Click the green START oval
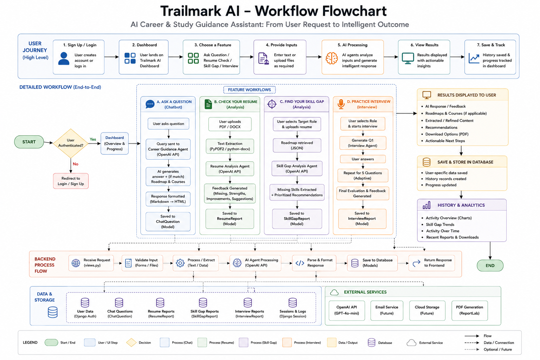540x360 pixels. [x=29, y=142]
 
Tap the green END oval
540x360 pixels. [x=490, y=265]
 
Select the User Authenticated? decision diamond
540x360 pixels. [x=71, y=143]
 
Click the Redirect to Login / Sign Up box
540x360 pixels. [x=71, y=181]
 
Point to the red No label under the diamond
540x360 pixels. [x=76, y=164]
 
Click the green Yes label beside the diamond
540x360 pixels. [x=93, y=139]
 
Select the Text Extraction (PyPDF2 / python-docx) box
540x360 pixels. [x=230, y=146]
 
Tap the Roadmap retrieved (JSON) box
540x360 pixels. [x=297, y=146]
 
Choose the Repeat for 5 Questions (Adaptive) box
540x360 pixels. [x=362, y=175]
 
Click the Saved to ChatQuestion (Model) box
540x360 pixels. [x=168, y=221]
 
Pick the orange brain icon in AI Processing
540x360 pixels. [x=332, y=58]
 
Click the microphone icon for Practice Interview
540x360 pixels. [x=341, y=104]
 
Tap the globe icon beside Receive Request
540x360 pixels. [x=76, y=263]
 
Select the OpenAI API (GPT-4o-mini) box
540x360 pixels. [x=347, y=310]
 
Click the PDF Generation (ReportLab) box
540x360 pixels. [x=469, y=310]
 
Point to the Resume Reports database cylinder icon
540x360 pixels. [x=160, y=302]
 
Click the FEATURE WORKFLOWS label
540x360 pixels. [x=249, y=90]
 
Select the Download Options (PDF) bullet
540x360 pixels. [x=446, y=134]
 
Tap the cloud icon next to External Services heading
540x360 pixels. [x=334, y=292]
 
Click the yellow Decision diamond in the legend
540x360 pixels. [x=131, y=342]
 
